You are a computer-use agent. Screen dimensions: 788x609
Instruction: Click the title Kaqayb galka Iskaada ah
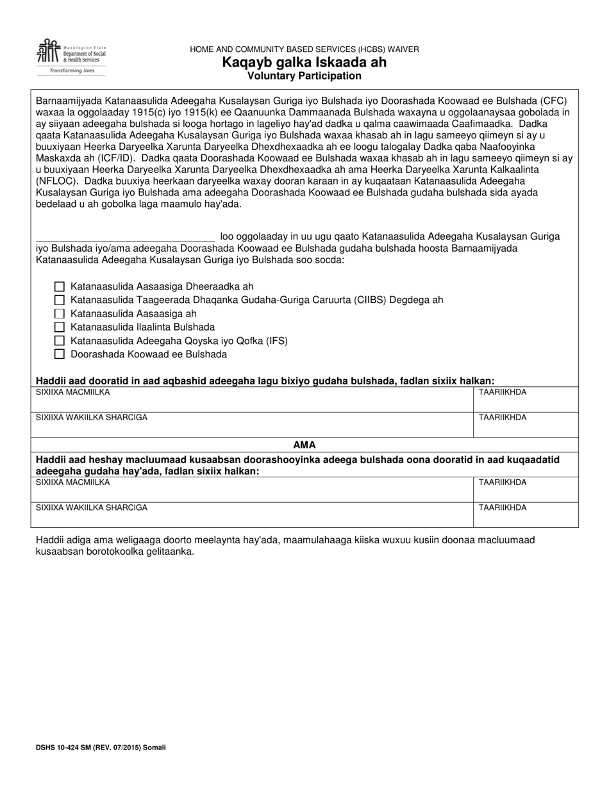[x=304, y=63]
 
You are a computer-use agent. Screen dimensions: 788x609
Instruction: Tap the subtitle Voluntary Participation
[x=304, y=76]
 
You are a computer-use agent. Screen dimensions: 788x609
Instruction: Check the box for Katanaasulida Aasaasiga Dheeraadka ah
[x=60, y=287]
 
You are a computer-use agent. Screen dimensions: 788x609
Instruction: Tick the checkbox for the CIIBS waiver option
[x=60, y=300]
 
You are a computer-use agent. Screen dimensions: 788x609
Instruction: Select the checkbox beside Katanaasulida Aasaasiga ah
[x=60, y=314]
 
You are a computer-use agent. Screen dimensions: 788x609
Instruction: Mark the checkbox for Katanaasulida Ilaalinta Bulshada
[x=60, y=327]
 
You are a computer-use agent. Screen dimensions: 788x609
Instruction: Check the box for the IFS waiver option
[x=60, y=341]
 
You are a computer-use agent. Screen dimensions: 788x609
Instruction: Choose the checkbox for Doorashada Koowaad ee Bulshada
[x=60, y=354]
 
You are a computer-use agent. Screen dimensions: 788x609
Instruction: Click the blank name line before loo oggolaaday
[x=125, y=236]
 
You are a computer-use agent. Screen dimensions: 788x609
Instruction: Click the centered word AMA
[x=304, y=445]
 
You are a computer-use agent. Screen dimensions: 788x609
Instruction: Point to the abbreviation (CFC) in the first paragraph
[x=554, y=101]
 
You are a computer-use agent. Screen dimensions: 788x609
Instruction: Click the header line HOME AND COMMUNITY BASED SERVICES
[x=304, y=49]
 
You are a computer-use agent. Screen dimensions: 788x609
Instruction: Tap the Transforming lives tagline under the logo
[x=71, y=70]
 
